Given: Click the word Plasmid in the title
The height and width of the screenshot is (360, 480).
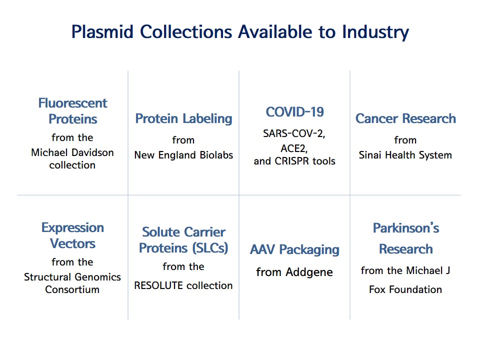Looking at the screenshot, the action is point(102,32).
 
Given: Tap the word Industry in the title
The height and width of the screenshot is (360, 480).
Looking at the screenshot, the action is point(375,32).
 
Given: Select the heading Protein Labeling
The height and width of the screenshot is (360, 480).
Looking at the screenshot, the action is point(183,119).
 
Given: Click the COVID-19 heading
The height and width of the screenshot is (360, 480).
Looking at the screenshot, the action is point(295,112).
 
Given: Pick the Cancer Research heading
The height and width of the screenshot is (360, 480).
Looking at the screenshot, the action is point(405,118).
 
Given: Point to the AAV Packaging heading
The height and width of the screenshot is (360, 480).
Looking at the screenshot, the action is point(294,250).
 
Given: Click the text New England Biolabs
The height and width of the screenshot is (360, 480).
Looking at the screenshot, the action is point(183,155).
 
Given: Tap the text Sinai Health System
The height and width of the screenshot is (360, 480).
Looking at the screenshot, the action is point(405,155).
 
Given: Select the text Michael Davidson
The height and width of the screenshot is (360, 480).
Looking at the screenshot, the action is point(72,152).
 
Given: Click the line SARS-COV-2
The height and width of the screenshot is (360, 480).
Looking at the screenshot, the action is point(294,134).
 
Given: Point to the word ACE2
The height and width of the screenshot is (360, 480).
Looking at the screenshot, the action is point(294,148).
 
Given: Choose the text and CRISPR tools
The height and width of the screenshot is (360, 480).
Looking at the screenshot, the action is point(294,161).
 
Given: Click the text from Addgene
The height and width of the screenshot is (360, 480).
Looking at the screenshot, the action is point(294,272).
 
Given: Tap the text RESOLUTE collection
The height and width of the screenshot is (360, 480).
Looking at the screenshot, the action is point(183,285).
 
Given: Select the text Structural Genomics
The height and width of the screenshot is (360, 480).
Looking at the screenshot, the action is point(72,277).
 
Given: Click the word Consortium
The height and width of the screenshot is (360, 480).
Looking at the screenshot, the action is point(72,289).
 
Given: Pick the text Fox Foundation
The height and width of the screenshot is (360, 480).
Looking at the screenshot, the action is point(405,289).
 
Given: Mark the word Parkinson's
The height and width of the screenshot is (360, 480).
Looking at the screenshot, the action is point(406,228).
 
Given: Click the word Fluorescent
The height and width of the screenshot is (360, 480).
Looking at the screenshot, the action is point(73,103).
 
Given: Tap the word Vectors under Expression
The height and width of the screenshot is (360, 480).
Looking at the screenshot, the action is point(72,243).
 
